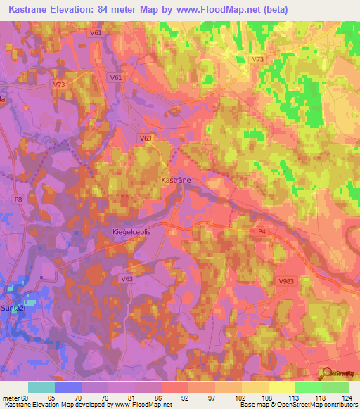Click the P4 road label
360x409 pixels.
point(262,231)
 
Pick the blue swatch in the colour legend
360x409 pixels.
point(68,387)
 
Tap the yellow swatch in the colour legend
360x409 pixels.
point(281,387)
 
